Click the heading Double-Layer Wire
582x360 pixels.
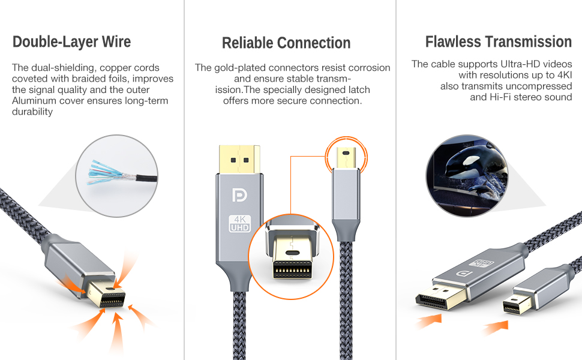tap(71, 42)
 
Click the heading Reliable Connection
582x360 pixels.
tap(286, 43)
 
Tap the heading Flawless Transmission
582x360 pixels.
tap(499, 42)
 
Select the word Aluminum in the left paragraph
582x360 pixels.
tap(33, 101)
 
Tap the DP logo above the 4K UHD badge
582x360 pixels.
tap(238, 194)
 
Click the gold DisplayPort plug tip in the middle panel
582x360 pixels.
tap(239, 158)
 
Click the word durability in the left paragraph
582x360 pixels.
tap(33, 112)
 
